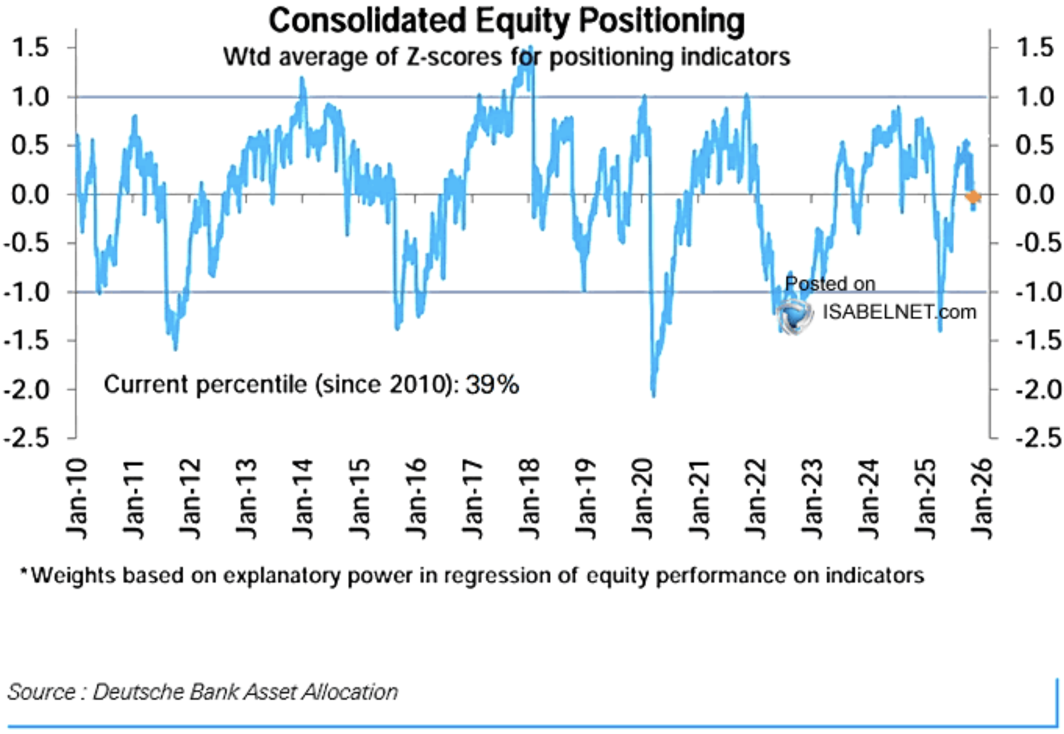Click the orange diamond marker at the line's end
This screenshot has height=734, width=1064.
(x=973, y=196)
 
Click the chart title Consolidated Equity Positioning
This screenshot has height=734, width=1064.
(x=507, y=21)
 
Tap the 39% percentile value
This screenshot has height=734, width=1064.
(x=492, y=384)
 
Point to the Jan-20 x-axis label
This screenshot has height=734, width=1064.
(x=642, y=499)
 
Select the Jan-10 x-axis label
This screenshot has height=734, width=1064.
(x=76, y=499)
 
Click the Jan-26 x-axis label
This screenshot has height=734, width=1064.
(x=981, y=499)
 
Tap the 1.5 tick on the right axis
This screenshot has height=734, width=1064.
(x=1035, y=48)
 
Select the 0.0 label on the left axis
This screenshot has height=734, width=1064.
(x=30, y=194)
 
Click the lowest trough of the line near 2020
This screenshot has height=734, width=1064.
(x=653, y=396)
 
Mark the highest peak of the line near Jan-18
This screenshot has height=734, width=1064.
(x=531, y=48)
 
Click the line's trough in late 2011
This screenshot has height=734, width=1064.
(x=176, y=349)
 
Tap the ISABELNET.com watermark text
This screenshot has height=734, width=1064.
(x=899, y=312)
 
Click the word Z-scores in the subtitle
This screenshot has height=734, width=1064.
(x=454, y=57)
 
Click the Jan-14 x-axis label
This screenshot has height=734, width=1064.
(x=303, y=499)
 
